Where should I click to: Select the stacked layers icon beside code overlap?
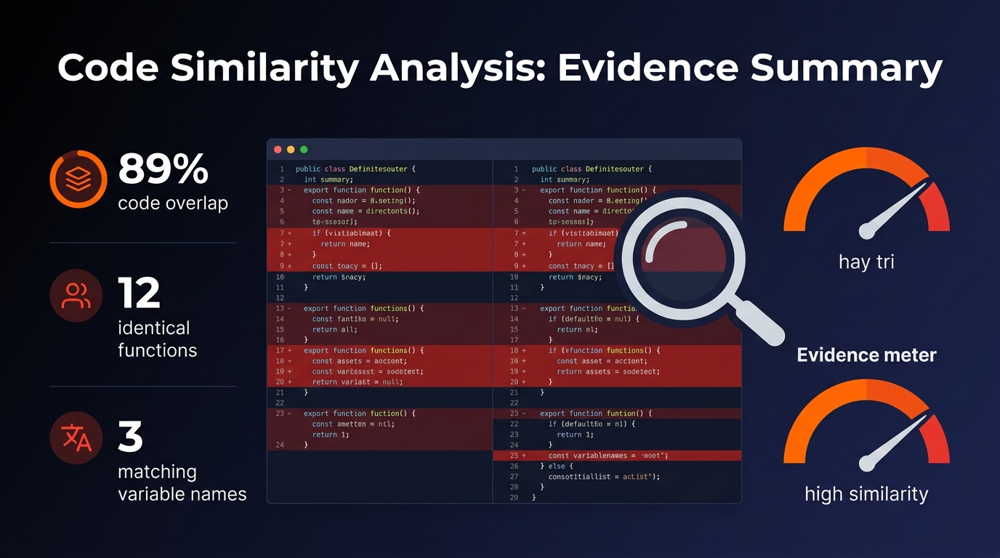click(78, 179)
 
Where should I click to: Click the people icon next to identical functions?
click(76, 296)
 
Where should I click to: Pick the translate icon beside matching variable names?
click(76, 437)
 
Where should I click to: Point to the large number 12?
click(139, 294)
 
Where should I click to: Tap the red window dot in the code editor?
click(278, 150)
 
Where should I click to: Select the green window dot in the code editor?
click(304, 150)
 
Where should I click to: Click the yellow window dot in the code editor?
click(291, 150)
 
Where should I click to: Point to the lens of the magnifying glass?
click(679, 254)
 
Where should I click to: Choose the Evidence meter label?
click(866, 355)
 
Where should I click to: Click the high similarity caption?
click(866, 494)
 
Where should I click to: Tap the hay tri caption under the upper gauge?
click(866, 262)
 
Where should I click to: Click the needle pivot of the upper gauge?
click(866, 232)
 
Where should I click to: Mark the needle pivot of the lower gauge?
click(866, 464)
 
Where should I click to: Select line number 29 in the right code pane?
click(515, 498)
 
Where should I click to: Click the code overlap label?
click(173, 203)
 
